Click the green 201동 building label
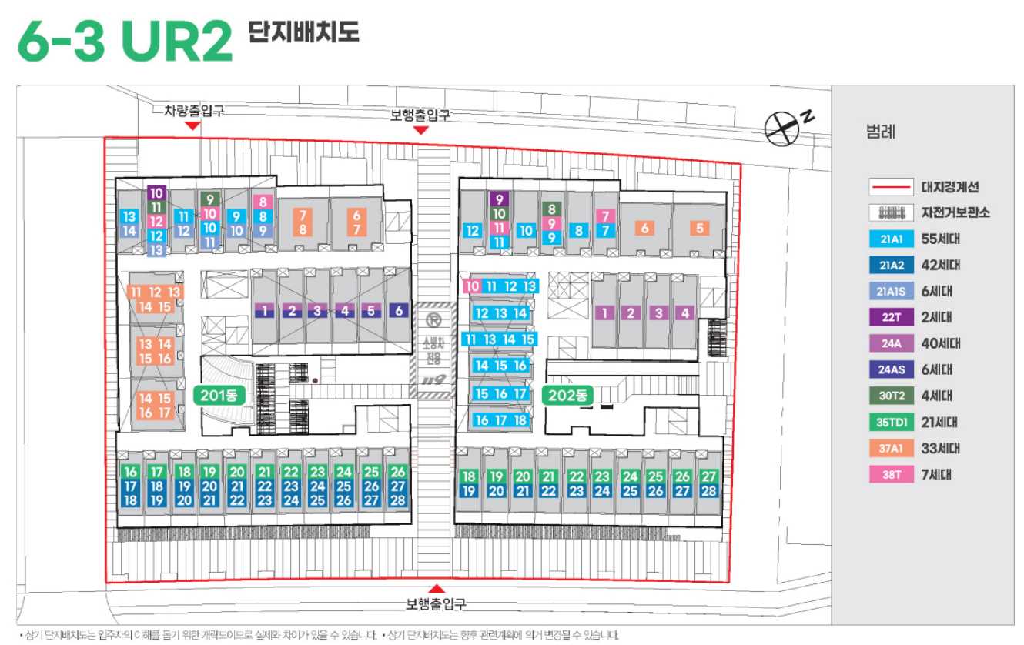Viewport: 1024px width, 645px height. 219,396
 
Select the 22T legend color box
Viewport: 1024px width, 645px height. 890,317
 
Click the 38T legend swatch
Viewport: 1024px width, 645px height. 890,474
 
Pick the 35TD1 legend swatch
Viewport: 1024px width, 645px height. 890,422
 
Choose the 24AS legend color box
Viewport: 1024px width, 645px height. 890,369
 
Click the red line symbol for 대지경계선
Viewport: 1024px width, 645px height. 890,187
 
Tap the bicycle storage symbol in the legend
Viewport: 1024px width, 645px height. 890,212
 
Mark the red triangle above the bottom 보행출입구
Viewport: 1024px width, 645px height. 437,588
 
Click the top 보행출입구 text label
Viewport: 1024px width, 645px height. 420,115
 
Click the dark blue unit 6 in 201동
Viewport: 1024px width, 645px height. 398,311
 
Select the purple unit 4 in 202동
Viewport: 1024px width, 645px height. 684,312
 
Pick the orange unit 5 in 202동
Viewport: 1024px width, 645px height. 699,228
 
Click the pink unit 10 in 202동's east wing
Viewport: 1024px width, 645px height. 472,286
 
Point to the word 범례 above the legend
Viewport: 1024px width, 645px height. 881,132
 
